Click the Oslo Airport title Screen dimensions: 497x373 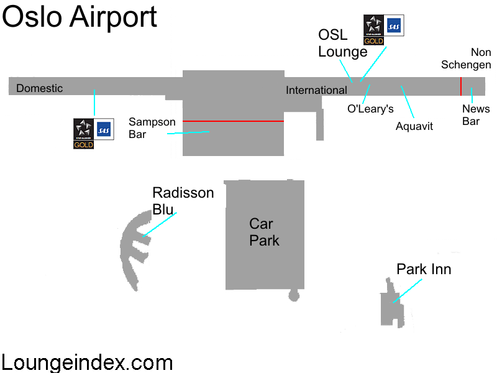(x=80, y=18)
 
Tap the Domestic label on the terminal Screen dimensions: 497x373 (x=39, y=88)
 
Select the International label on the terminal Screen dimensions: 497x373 (x=316, y=90)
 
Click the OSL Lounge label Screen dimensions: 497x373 (x=343, y=44)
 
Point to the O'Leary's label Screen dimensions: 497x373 (x=370, y=109)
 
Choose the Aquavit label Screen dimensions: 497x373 (x=414, y=126)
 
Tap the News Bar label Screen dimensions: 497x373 (x=476, y=115)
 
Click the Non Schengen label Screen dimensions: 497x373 (x=466, y=58)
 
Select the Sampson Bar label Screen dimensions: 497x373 (x=152, y=128)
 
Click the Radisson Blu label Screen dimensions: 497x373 (x=183, y=201)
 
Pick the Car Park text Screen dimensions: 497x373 (x=264, y=232)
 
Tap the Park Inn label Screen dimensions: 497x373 (x=424, y=269)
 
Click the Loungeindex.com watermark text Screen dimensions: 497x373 (x=87, y=362)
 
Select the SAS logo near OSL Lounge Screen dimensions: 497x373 (x=394, y=25)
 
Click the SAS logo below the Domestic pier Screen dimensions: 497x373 (x=104, y=129)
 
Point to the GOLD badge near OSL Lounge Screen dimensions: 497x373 (x=374, y=41)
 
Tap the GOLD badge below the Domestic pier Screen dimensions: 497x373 (x=83, y=145)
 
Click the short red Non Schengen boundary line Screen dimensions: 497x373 (x=461, y=86)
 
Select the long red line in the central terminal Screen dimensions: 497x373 (x=234, y=121)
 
